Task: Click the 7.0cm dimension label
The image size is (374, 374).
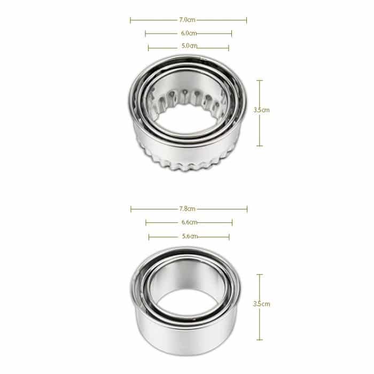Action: pos(187,20)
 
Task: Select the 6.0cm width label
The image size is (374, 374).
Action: pos(187,34)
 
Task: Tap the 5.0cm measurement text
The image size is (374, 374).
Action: pos(189,46)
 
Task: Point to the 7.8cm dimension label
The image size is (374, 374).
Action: pos(188,208)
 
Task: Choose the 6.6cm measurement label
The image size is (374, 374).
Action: pos(189,222)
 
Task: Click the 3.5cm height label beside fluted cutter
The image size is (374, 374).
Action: pos(261,110)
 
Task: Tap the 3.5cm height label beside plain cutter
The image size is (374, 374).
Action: pos(261,304)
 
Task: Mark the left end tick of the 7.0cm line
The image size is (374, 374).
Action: pos(130,20)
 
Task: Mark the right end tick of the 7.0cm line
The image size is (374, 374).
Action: pos(246,20)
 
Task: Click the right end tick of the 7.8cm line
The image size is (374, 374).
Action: pos(247,208)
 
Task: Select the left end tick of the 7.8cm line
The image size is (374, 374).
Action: pos(131,208)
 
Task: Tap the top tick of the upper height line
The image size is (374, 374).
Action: pos(260,81)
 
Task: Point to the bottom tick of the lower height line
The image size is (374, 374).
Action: pos(260,339)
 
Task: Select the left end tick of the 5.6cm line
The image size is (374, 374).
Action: pos(149,236)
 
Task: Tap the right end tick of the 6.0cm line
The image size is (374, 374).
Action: pos(231,34)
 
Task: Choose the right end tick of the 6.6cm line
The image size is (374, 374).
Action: pos(232,222)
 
